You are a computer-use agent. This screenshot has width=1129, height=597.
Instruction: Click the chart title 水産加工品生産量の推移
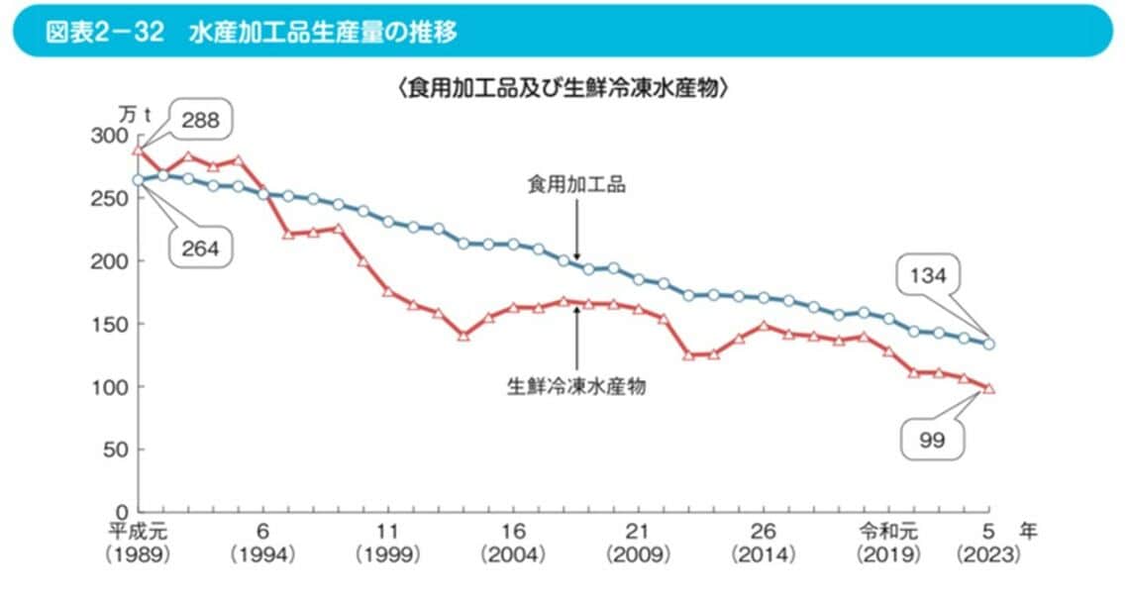[x=323, y=32]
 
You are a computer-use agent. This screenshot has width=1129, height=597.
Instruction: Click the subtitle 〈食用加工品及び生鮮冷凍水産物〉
[x=564, y=88]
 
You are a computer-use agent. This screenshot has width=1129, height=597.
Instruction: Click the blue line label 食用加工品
[x=576, y=185]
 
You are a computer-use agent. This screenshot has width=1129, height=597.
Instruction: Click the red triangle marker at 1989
[x=139, y=150]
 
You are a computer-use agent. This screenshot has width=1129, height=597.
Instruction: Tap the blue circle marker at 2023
[x=988, y=345]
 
